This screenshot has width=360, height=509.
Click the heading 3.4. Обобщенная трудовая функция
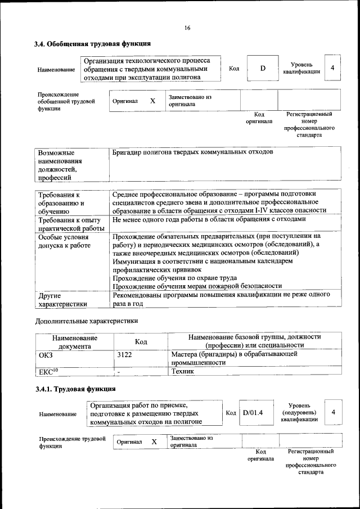92,44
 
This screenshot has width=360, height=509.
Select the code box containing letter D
262,68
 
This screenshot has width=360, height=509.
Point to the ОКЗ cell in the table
45,355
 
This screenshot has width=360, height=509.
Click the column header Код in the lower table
141,341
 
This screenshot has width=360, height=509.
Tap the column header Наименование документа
75,341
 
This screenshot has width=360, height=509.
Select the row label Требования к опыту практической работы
70,224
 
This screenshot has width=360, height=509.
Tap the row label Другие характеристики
62,299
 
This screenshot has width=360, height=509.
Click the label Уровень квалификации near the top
301,68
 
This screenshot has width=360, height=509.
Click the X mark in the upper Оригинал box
152,101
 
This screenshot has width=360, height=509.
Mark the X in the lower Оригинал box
154,442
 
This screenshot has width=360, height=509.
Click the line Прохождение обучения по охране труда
174,277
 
